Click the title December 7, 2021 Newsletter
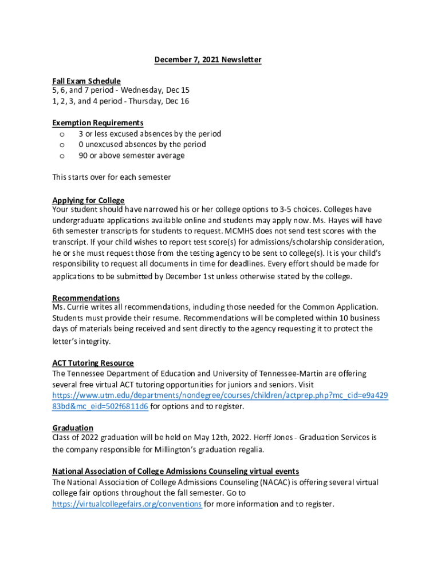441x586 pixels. click(x=208, y=60)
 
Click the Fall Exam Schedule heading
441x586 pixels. click(x=86, y=81)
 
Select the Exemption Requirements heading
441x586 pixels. click(x=98, y=123)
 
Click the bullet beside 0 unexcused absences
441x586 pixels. click(x=62, y=145)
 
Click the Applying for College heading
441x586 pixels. click(x=88, y=200)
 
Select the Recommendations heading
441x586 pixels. click(x=86, y=298)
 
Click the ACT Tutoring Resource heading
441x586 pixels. click(x=93, y=363)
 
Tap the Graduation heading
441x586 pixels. click(x=73, y=428)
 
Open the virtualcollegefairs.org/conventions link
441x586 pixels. click(x=127, y=504)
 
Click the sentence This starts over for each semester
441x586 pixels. click(x=112, y=177)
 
